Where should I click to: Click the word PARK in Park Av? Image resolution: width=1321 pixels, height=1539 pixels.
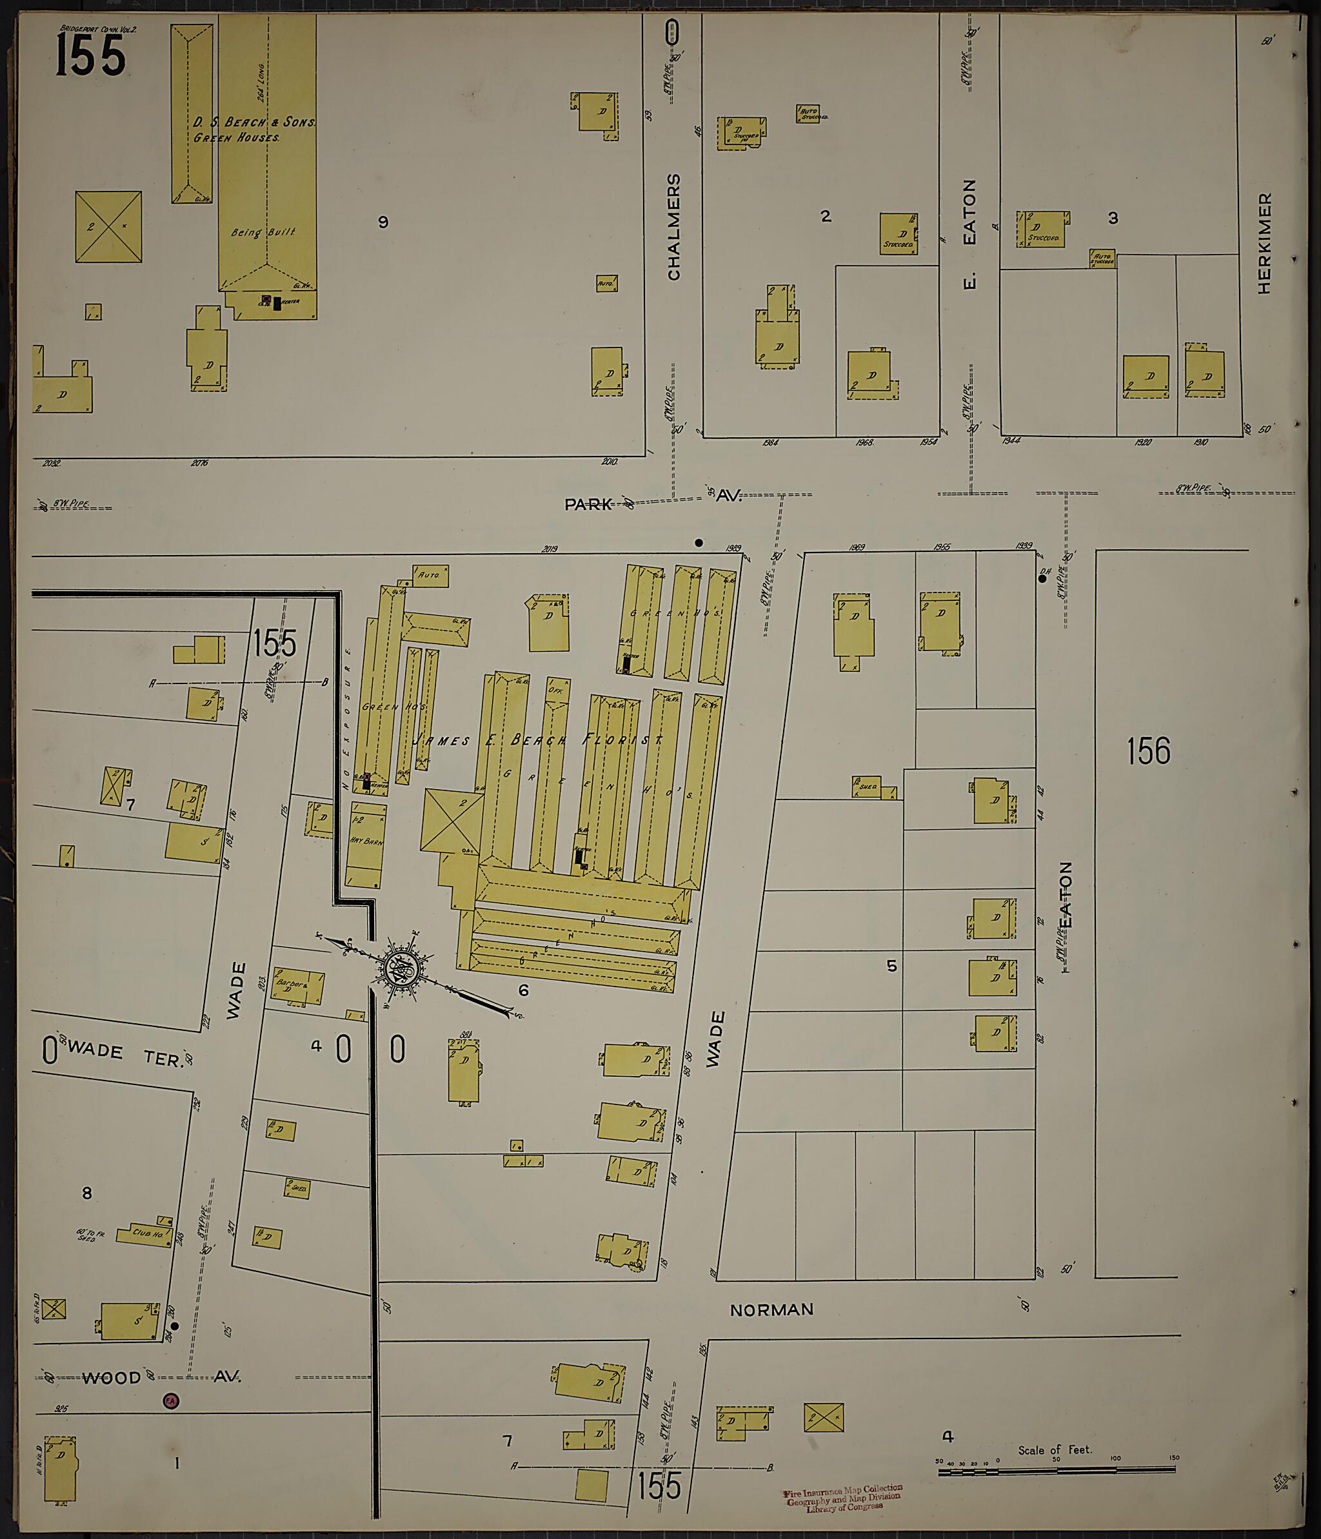coord(588,504)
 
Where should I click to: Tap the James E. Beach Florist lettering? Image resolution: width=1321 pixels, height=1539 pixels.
coord(539,740)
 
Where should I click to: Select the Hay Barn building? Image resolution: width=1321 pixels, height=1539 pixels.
coord(366,844)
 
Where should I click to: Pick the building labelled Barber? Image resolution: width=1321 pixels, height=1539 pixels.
coord(297,987)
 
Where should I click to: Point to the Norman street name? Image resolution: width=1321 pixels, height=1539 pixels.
coord(771,1309)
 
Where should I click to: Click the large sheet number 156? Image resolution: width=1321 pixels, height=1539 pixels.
coord(1148,751)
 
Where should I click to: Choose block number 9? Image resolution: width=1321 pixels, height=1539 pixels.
coord(382,222)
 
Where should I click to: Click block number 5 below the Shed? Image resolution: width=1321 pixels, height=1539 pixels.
coord(891,966)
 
